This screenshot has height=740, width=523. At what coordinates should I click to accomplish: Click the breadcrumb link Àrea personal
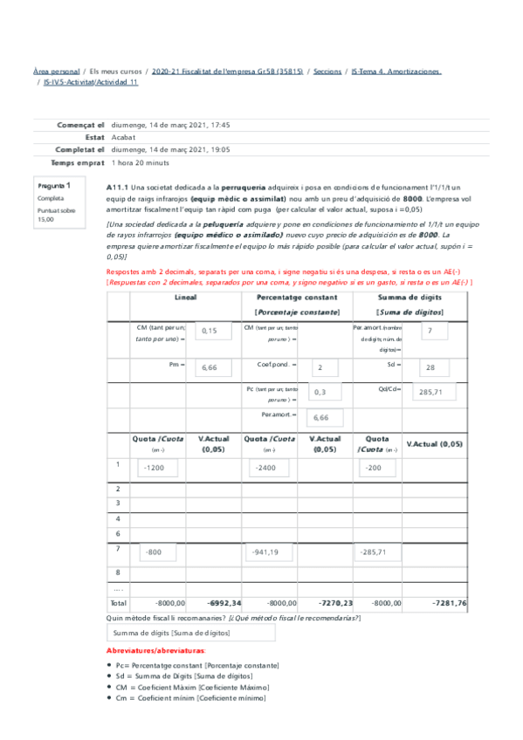point(54,71)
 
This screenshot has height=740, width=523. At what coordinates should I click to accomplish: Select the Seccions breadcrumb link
point(327,71)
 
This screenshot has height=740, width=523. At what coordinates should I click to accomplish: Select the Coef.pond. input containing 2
point(329,368)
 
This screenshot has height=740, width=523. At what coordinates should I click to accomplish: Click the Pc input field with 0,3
point(329,393)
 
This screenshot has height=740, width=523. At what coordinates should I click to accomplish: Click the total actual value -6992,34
point(224,603)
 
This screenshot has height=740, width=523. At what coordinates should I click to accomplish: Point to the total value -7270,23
point(335,603)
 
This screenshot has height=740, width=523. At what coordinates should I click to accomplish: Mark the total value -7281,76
point(449,603)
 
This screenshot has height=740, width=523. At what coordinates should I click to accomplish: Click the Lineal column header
point(185,298)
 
